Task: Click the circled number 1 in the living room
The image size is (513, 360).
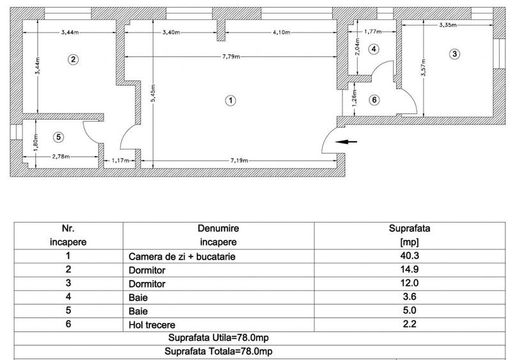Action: click(x=231, y=100)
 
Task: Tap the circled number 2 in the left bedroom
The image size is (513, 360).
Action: click(x=73, y=59)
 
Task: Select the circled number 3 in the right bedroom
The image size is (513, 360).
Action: click(x=454, y=54)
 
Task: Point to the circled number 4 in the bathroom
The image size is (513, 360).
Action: click(x=374, y=49)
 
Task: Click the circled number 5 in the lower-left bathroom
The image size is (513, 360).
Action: click(x=59, y=136)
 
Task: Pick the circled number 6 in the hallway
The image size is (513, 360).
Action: click(x=374, y=100)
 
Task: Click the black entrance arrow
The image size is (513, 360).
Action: click(x=348, y=141)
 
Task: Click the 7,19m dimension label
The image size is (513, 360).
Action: click(x=249, y=160)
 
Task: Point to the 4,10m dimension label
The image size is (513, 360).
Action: click(x=281, y=32)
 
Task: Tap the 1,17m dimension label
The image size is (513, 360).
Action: click(x=121, y=160)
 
